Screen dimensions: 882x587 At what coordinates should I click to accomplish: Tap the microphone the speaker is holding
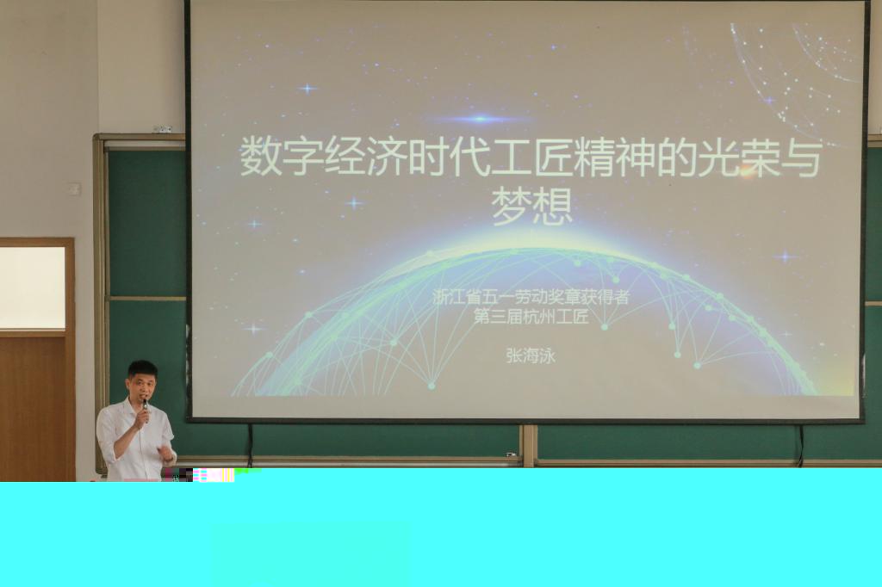145,411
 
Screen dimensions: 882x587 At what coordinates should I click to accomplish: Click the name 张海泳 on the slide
531,356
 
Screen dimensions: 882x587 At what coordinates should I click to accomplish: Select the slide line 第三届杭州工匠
531,317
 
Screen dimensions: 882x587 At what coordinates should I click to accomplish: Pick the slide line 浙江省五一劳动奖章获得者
531,297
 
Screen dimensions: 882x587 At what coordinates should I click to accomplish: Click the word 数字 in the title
282,158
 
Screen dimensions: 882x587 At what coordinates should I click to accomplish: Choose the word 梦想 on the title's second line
531,206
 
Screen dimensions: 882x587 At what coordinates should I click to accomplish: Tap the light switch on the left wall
74,188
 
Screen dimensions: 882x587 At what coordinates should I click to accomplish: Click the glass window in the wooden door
32,288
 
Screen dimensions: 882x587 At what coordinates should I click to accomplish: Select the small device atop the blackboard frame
162,129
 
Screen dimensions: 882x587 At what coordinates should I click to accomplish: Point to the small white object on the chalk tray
511,454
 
